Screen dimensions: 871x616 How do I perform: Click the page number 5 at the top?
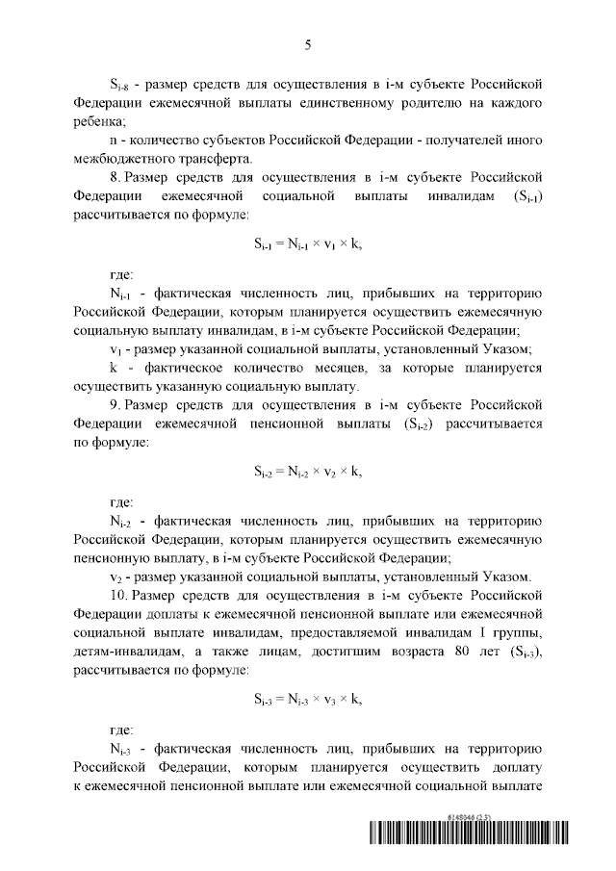(x=308, y=44)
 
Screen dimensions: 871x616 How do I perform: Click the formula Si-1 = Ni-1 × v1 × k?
(x=308, y=243)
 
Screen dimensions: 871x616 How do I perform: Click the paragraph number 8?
(x=114, y=178)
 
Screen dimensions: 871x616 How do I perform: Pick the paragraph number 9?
(x=114, y=405)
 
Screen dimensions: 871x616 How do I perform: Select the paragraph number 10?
(x=117, y=596)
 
